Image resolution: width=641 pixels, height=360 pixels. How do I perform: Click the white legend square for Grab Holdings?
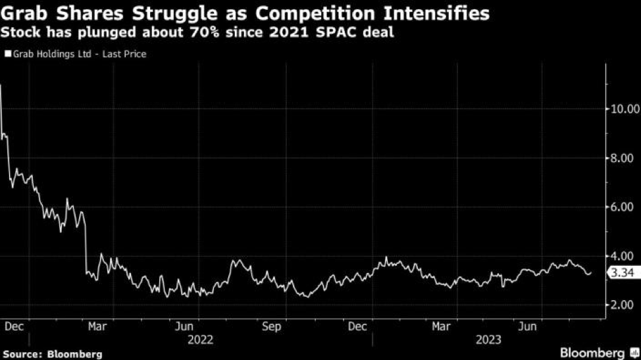tap(8, 54)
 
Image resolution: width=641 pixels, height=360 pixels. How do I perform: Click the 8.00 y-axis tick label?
tap(621, 158)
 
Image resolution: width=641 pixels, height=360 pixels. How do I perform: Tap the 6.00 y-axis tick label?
tap(621, 207)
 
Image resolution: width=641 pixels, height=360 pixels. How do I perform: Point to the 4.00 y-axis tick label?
tap(621, 256)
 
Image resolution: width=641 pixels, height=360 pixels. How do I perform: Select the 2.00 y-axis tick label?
tap(621, 305)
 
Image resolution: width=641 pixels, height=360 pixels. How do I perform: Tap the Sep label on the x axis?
tap(271, 326)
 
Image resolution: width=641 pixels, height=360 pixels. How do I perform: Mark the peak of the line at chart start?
tap(1, 85)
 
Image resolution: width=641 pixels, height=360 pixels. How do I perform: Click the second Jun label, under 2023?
tap(527, 326)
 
